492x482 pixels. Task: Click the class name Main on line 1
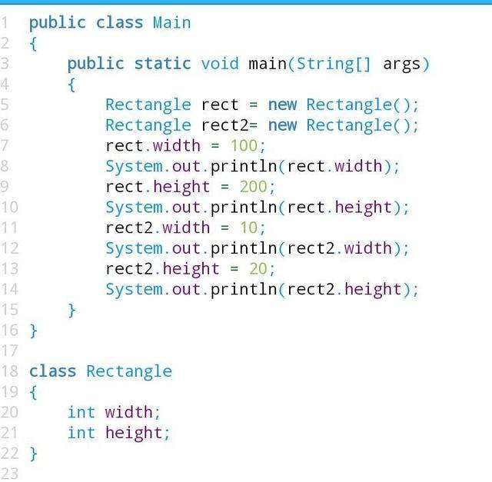[x=171, y=22]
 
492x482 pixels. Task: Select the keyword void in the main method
[x=220, y=63]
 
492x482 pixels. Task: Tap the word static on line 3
[x=163, y=63]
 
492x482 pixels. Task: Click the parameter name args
[x=401, y=63]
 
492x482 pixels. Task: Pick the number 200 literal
[x=254, y=186]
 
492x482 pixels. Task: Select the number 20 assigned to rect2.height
[x=258, y=268]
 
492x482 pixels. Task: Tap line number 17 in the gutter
[x=9, y=351]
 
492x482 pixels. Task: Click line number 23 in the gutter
[x=9, y=474]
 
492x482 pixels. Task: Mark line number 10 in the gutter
[x=9, y=207]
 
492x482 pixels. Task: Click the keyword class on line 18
[x=52, y=371]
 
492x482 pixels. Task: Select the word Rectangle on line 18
[x=128, y=371]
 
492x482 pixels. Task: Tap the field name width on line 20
[x=128, y=412]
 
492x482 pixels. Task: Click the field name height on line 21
[x=134, y=433]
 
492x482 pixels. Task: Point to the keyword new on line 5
[x=282, y=105]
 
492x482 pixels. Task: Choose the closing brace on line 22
[x=33, y=454]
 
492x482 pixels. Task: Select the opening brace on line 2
[x=33, y=43]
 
